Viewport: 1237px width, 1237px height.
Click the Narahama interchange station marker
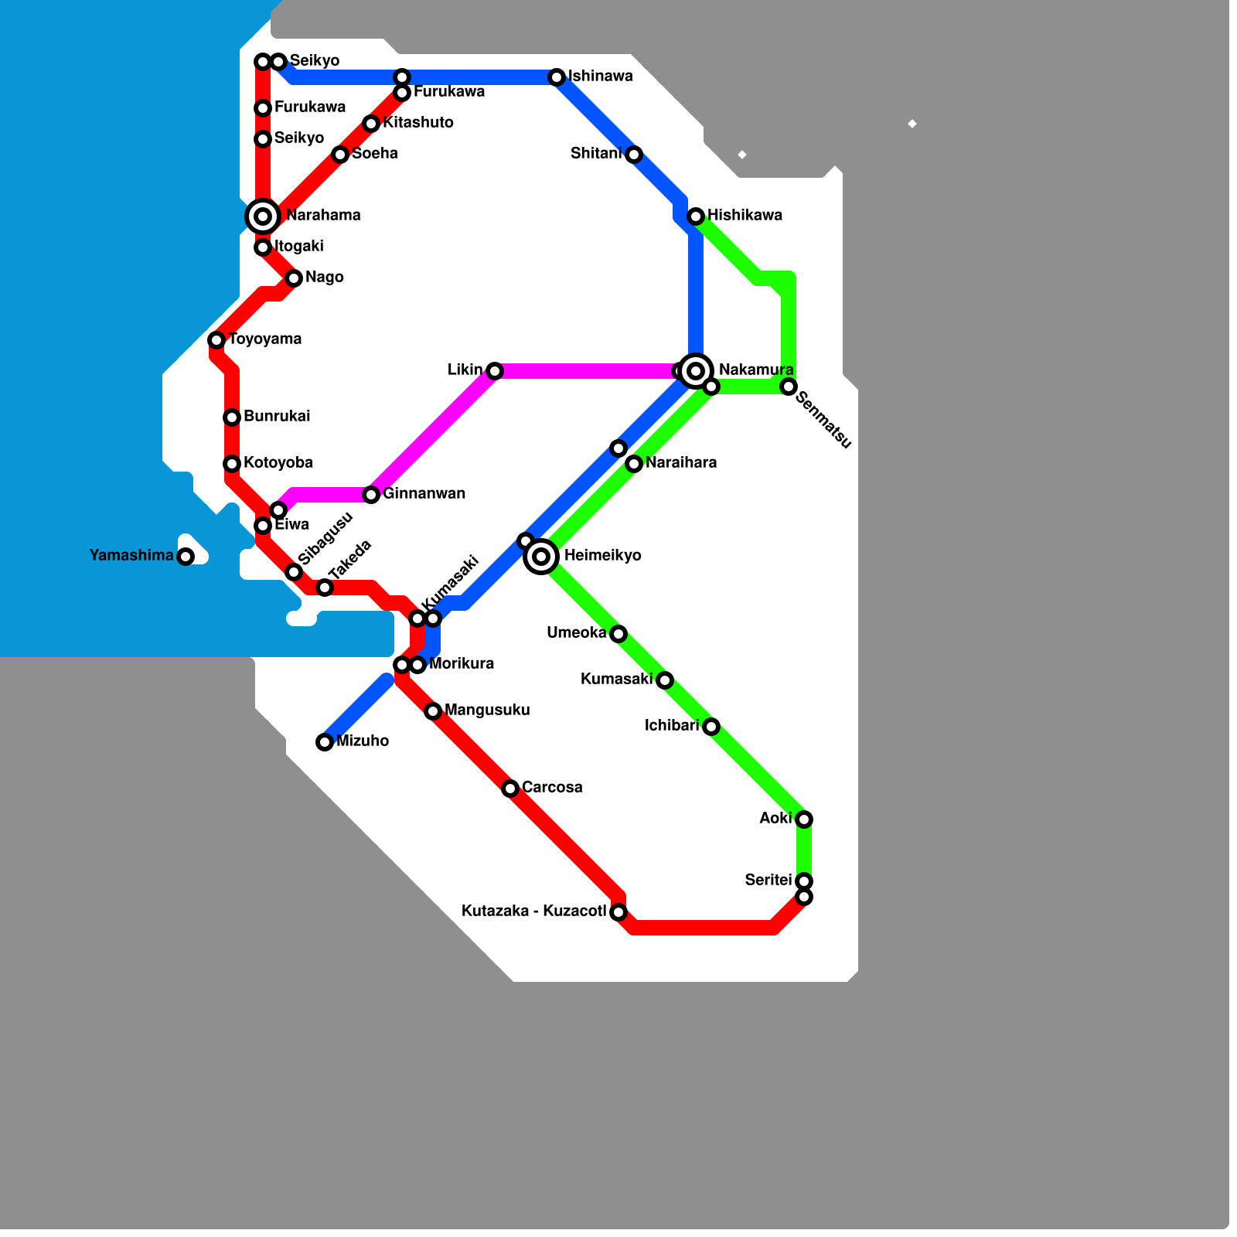[x=263, y=216]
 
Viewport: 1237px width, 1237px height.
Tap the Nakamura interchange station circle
[x=696, y=371]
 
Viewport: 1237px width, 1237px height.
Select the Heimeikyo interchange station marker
[x=541, y=557]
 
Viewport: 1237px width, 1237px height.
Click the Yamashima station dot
[x=186, y=557]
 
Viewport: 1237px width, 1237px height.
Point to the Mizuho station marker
[x=325, y=742]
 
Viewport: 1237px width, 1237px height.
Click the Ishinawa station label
[x=601, y=77]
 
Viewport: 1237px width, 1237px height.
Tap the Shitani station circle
[x=634, y=155]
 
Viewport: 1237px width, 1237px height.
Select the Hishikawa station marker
[x=696, y=216]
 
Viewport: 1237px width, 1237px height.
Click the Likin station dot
[x=495, y=371]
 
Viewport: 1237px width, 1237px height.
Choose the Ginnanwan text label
[x=424, y=494]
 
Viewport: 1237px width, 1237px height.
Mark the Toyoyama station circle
[x=216, y=340]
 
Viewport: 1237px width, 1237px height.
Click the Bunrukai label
[x=277, y=417]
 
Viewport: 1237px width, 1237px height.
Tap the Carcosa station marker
[x=510, y=789]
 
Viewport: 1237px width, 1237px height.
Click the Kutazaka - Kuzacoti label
[x=533, y=912]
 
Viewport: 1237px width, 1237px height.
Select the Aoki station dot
[x=804, y=820]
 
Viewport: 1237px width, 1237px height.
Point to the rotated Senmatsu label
[x=823, y=421]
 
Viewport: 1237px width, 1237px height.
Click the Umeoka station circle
[x=618, y=634]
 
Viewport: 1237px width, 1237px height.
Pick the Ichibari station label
[x=672, y=726]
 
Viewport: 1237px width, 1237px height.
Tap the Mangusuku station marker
[x=433, y=711]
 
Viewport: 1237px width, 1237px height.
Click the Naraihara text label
[x=681, y=463]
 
